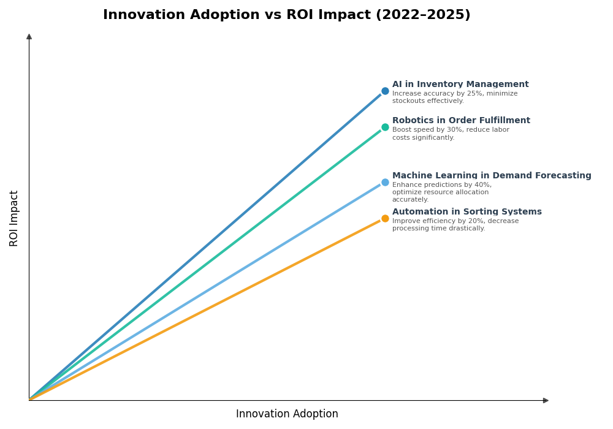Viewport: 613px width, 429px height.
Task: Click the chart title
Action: point(287,15)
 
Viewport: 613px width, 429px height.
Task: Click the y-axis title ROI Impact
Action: point(14,218)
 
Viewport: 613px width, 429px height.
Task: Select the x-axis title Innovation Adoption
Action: point(287,414)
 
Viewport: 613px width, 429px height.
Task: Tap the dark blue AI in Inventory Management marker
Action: point(385,91)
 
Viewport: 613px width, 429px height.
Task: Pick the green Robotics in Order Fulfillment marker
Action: point(385,127)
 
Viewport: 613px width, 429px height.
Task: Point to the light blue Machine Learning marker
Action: point(385,182)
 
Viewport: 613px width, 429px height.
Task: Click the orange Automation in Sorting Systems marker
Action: point(385,218)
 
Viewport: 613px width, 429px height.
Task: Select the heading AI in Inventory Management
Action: point(460,85)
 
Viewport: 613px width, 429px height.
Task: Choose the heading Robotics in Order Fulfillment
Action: point(461,121)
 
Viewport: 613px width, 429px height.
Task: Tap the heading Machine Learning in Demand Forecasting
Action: point(492,176)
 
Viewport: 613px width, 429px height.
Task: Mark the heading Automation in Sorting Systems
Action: point(467,212)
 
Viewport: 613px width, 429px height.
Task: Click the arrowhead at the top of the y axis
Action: point(29,37)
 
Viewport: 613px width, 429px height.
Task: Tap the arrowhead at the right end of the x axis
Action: point(546,400)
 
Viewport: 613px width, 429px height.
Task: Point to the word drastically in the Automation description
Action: point(466,229)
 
